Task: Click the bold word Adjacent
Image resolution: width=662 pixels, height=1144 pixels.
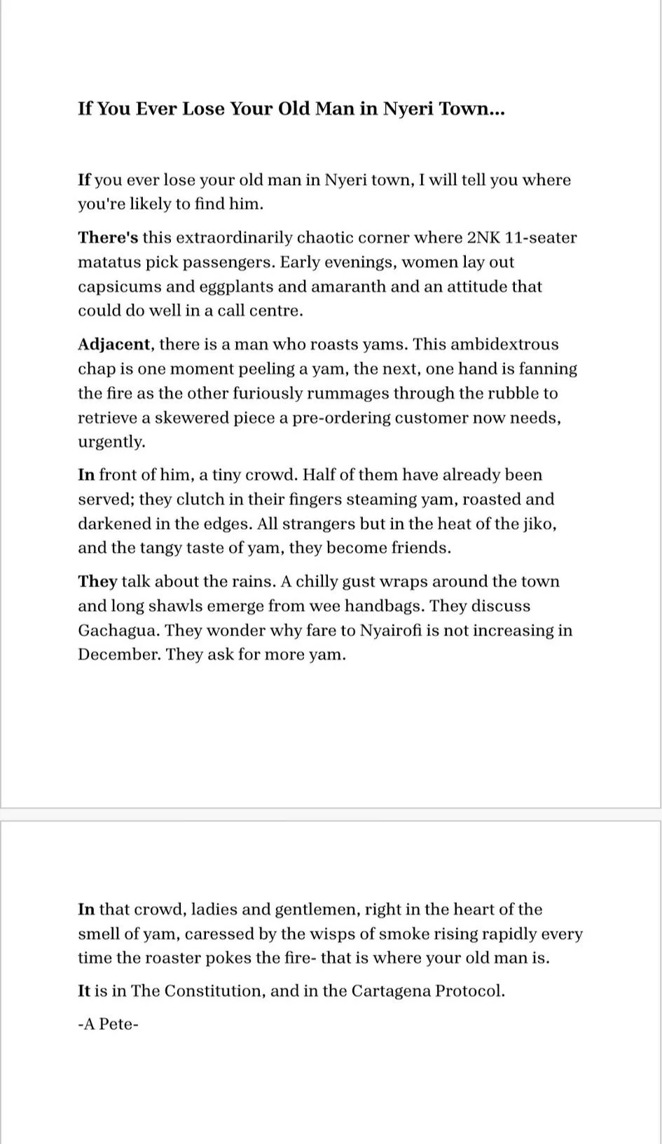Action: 114,345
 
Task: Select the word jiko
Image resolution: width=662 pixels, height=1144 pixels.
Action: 539,524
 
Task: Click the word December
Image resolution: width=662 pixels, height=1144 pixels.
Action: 118,655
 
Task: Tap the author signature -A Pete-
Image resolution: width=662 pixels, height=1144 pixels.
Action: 109,1024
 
